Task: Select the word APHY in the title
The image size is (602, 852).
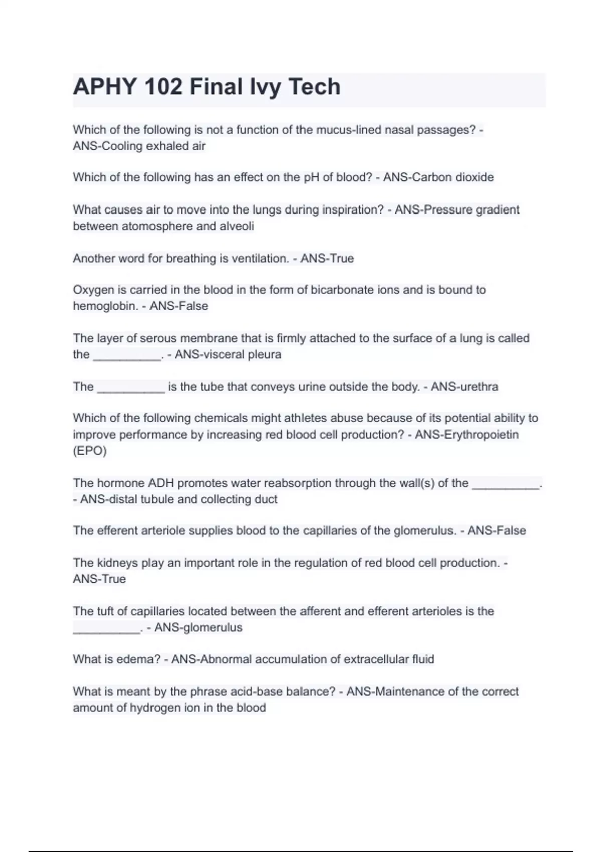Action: click(105, 87)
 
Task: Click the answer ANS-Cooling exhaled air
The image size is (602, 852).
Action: click(139, 146)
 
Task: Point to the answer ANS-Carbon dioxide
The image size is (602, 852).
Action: click(438, 177)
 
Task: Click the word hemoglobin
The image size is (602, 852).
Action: click(105, 306)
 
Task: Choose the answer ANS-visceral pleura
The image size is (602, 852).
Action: click(228, 355)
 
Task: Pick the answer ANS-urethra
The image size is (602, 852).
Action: click(464, 387)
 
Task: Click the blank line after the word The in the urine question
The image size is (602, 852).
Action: click(130, 389)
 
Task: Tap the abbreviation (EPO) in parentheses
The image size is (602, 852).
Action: click(90, 451)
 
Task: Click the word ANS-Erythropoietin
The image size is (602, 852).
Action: click(467, 435)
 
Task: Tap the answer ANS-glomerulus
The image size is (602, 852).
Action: click(198, 628)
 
